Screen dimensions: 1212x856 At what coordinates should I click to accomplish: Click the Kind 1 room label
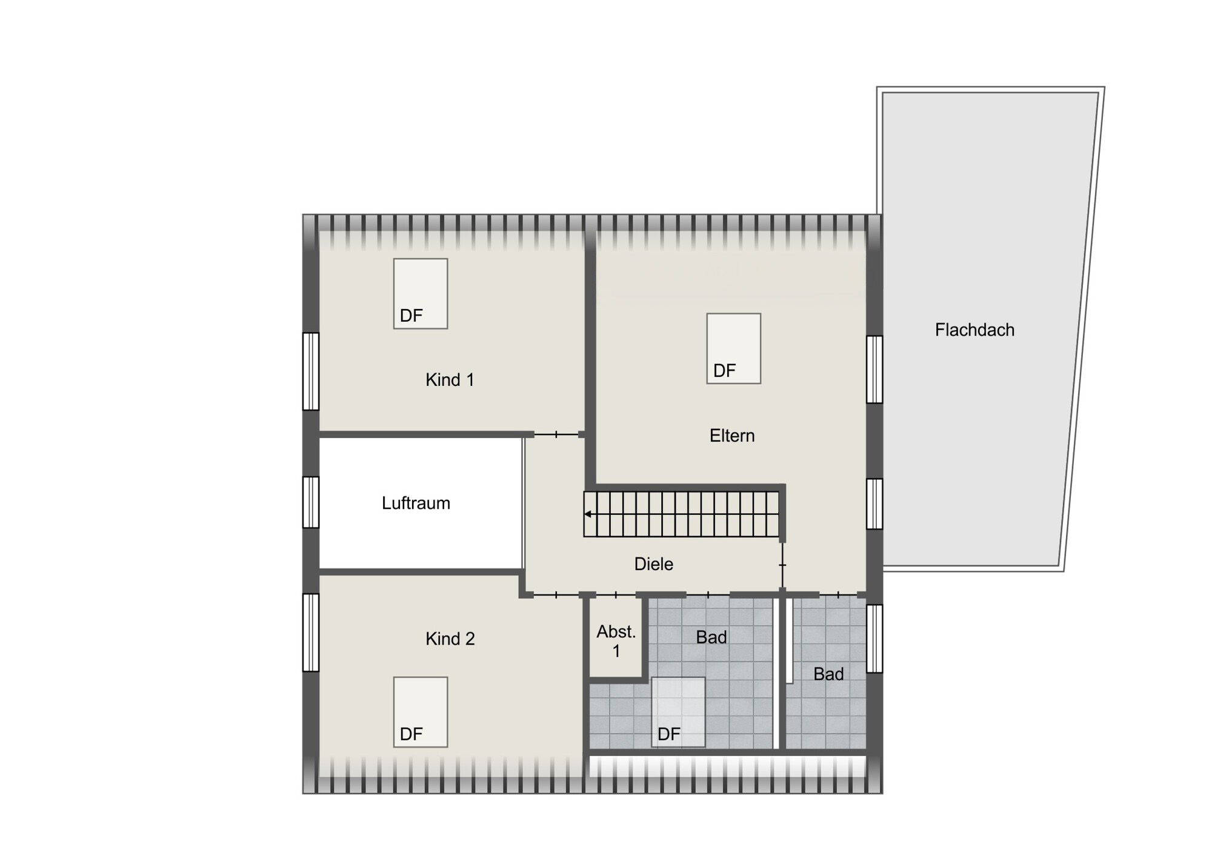450,380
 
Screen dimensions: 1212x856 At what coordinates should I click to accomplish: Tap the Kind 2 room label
450,639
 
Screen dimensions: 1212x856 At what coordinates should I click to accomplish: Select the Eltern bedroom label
732,436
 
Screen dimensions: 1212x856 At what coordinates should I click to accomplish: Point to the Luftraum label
416,503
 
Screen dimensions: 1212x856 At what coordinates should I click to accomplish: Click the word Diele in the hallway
653,564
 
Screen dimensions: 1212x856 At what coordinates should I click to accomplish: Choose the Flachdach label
974,330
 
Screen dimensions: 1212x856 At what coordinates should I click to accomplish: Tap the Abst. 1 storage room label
616,642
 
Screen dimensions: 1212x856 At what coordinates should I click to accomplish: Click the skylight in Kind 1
421,294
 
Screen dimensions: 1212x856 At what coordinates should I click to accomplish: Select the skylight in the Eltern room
734,348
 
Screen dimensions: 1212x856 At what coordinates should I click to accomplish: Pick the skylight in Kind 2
421,712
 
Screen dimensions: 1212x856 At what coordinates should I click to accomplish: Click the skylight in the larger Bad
678,712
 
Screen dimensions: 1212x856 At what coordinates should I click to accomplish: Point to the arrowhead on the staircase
588,514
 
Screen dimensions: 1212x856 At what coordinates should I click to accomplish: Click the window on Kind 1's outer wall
311,371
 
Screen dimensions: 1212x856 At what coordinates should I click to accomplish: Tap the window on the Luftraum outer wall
311,502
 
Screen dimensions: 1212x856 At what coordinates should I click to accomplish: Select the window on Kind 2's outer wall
311,632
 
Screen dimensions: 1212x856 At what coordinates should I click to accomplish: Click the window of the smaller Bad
874,639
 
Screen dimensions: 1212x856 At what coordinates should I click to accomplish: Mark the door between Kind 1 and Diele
556,434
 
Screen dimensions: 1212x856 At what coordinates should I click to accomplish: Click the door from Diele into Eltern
782,565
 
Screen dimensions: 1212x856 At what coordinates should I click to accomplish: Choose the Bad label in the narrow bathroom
828,674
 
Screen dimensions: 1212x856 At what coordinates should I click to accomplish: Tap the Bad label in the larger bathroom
711,637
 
